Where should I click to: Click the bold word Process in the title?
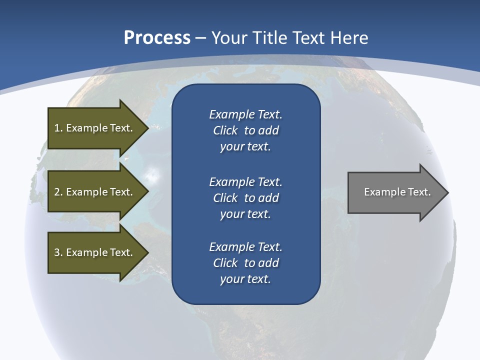point(157,38)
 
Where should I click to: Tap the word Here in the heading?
point(349,38)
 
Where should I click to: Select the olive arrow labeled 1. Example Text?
point(95,128)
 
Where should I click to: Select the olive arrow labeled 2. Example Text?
point(95,192)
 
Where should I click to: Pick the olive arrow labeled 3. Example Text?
point(95,252)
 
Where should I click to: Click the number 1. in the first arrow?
point(58,128)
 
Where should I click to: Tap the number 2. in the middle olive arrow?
point(58,192)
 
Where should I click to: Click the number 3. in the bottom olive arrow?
point(58,252)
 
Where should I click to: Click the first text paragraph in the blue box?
point(245,130)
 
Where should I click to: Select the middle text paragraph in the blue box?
point(245,198)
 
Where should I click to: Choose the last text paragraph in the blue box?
point(245,263)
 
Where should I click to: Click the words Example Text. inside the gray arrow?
point(397,192)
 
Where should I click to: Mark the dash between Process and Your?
point(200,38)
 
